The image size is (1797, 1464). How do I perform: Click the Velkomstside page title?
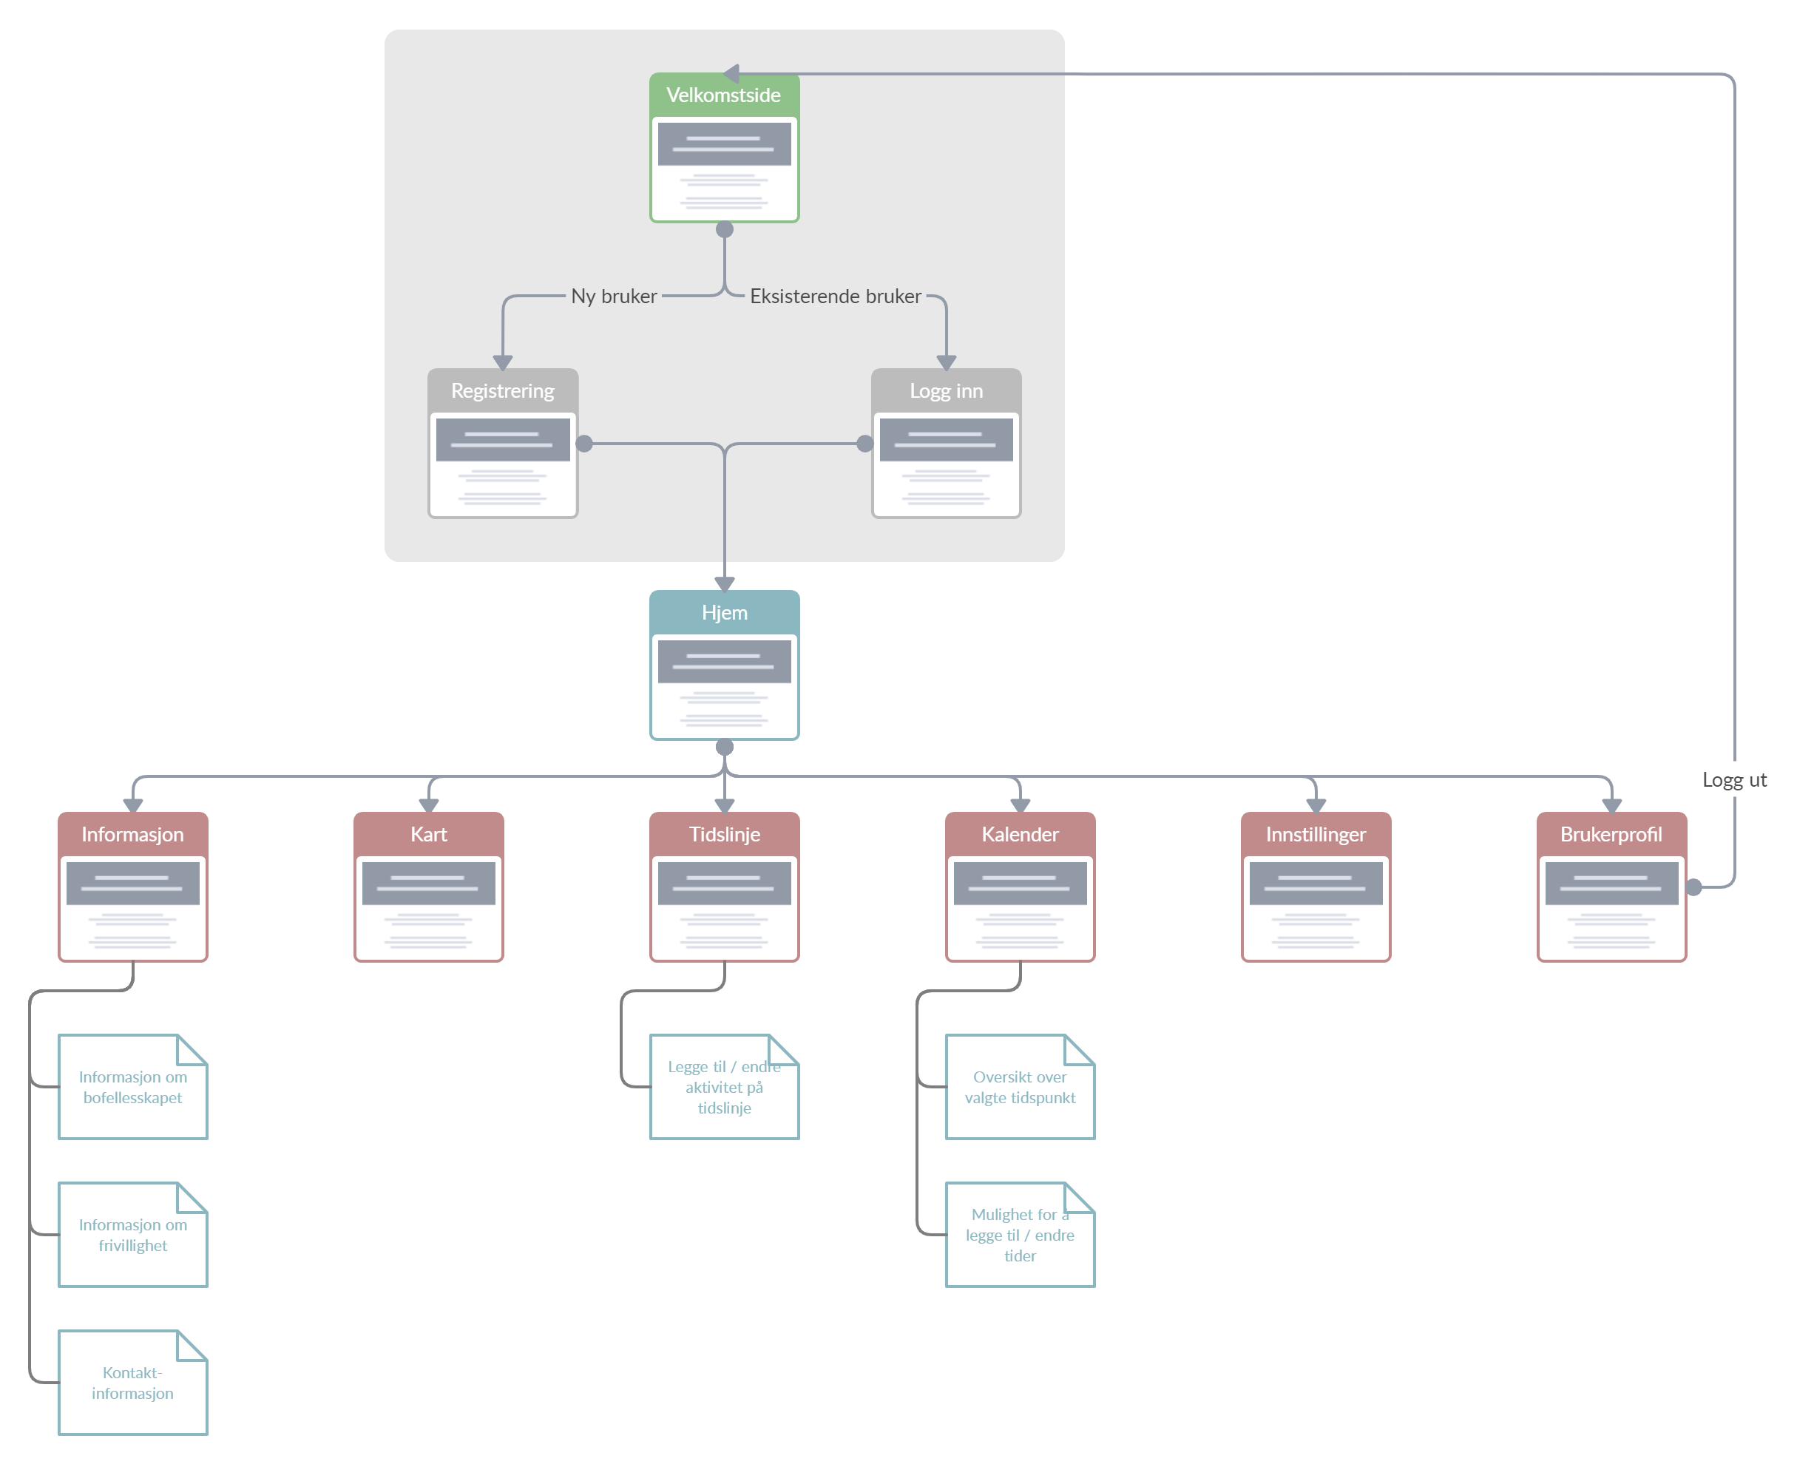click(x=723, y=95)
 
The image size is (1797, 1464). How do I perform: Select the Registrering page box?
click(x=503, y=444)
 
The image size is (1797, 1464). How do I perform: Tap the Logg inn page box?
click(x=946, y=444)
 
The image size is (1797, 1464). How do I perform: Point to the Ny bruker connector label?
click(x=614, y=296)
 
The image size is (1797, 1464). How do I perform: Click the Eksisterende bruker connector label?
click(x=835, y=296)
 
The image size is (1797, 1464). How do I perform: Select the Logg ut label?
click(x=1733, y=780)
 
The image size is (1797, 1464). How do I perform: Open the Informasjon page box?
click(x=132, y=887)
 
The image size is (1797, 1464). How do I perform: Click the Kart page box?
click(x=428, y=887)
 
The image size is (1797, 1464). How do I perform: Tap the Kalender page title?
click(x=1020, y=835)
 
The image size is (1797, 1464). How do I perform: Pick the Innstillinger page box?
click(x=1316, y=887)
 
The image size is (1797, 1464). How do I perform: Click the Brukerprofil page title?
click(x=1611, y=835)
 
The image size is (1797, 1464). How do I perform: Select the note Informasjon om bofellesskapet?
click(x=132, y=1087)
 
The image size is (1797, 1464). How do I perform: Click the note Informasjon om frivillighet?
click(x=132, y=1235)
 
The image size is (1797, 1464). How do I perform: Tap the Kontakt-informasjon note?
click(x=132, y=1383)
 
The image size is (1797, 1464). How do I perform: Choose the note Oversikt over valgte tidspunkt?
click(x=1020, y=1087)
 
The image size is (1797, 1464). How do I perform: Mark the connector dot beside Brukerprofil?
click(x=1694, y=887)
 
